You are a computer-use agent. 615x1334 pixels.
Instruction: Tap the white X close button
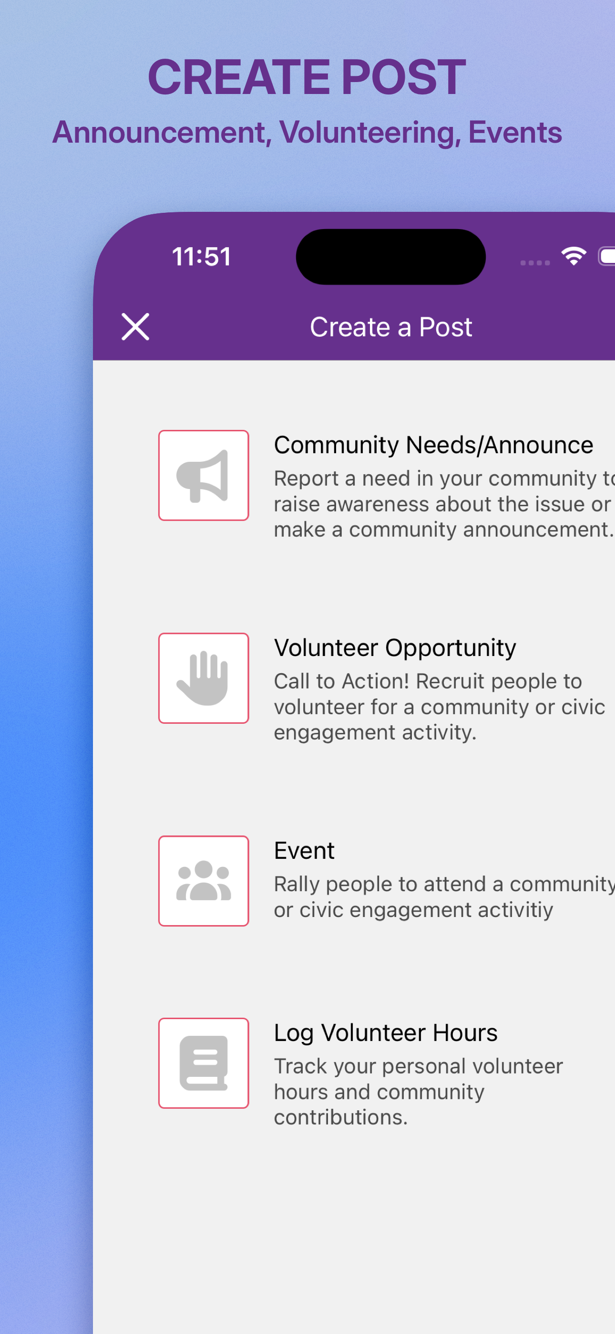coord(135,327)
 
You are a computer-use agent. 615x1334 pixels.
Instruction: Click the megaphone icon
coord(203,476)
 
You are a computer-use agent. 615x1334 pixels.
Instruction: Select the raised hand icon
coord(203,678)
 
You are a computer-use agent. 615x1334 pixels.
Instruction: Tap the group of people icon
coord(204,880)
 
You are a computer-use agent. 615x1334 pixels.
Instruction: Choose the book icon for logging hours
coord(204,1063)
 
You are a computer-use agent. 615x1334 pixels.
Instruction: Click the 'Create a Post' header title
coord(391,327)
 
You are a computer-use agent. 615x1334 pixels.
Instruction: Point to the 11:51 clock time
coord(201,257)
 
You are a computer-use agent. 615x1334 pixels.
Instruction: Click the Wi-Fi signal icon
coord(574,256)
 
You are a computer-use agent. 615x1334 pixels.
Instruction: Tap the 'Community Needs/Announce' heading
coord(433,445)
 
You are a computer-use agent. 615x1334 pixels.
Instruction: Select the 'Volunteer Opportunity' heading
coord(395,648)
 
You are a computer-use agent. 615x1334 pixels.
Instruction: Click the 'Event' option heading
coord(304,850)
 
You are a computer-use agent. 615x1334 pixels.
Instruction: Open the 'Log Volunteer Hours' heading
coord(386,1033)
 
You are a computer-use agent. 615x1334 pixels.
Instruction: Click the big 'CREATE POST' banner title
coord(307,77)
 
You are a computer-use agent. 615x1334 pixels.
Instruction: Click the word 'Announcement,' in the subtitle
coord(162,133)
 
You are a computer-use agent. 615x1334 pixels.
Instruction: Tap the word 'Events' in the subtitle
coord(515,133)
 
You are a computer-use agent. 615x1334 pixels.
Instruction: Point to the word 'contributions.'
coord(340,1117)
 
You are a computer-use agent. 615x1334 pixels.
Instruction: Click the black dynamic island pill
coord(391,257)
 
